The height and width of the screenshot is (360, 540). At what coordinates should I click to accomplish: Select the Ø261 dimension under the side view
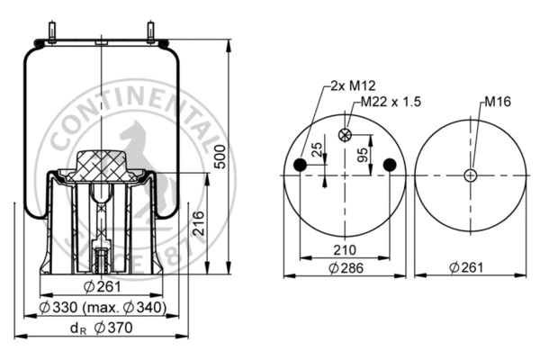(x=102, y=288)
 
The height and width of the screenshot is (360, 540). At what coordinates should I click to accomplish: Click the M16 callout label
(x=496, y=101)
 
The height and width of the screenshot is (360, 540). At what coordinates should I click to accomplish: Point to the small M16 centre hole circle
(x=469, y=175)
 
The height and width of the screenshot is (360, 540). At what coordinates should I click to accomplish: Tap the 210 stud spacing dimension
(x=345, y=249)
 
